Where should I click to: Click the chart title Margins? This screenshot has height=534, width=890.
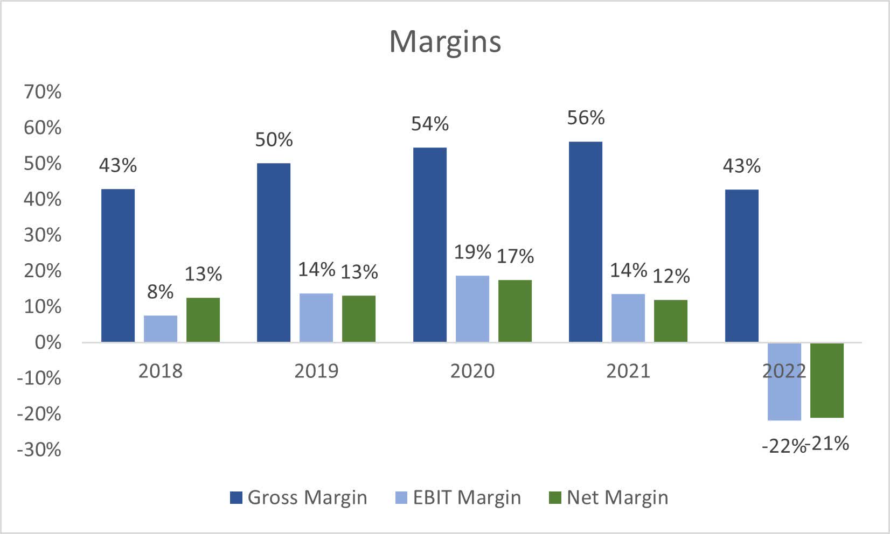pyautogui.click(x=445, y=41)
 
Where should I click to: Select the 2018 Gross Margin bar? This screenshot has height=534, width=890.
pyautogui.click(x=118, y=265)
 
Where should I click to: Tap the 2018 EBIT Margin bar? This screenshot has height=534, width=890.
pyautogui.click(x=161, y=328)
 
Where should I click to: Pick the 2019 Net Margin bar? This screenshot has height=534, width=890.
pyautogui.click(x=359, y=319)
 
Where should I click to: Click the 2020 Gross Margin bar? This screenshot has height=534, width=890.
pyautogui.click(x=430, y=245)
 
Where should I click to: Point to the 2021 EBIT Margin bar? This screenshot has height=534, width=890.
pyautogui.click(x=628, y=318)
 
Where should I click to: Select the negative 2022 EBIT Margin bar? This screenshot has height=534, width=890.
pyautogui.click(x=784, y=381)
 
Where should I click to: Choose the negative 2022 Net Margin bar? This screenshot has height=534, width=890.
pyautogui.click(x=827, y=380)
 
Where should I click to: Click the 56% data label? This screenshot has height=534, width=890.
pyautogui.click(x=586, y=118)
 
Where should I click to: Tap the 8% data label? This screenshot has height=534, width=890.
pyautogui.click(x=161, y=292)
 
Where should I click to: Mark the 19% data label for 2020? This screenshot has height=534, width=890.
pyautogui.click(x=472, y=252)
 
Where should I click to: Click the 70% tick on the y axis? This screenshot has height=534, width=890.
pyautogui.click(x=43, y=92)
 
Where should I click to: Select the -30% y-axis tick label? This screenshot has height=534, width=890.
pyautogui.click(x=39, y=449)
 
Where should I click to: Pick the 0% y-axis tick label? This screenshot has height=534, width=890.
pyautogui.click(x=48, y=342)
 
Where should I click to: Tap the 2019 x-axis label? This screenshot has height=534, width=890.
pyautogui.click(x=316, y=371)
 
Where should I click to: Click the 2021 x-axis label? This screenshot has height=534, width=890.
pyautogui.click(x=628, y=371)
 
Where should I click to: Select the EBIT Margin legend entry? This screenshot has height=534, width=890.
pyautogui.click(x=458, y=497)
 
